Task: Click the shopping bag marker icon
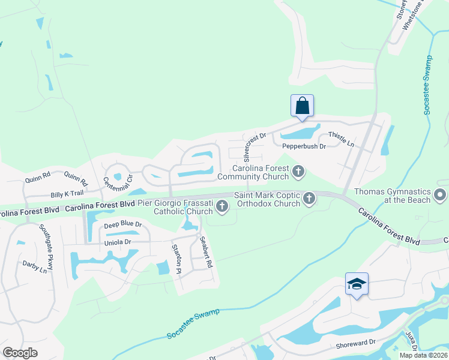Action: coord(302,106)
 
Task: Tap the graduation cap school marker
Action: coord(357,284)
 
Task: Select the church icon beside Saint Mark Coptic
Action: coord(309,198)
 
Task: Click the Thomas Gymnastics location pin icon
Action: coord(440,194)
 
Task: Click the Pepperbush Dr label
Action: coord(303,146)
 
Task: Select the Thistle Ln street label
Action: coord(341,140)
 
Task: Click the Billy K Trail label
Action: coord(67,194)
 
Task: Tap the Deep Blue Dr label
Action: coord(122,224)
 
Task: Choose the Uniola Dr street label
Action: coord(117,242)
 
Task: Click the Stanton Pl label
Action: coord(176,259)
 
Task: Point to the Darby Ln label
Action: coord(35,266)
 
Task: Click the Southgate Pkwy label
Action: coord(46,247)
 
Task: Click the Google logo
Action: coord(20,353)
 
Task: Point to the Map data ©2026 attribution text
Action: coord(423,355)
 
